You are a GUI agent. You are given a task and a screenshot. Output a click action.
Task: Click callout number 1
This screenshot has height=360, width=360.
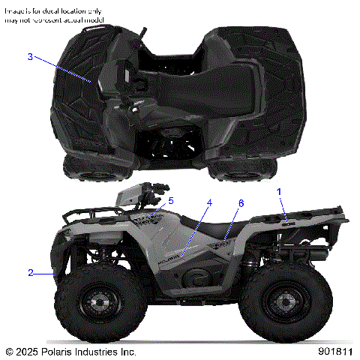(279, 193)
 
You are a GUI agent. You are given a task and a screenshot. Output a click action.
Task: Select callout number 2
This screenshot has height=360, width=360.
(31, 273)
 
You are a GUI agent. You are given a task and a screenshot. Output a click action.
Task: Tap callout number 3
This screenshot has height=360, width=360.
(30, 57)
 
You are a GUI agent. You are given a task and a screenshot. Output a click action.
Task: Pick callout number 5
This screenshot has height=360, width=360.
(170, 201)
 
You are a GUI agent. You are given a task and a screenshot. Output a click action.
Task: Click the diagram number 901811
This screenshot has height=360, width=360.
(335, 351)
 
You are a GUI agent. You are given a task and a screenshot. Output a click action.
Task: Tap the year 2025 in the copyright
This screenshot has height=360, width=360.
(27, 351)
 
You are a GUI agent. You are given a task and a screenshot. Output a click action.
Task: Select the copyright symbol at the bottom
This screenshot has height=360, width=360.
(9, 351)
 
